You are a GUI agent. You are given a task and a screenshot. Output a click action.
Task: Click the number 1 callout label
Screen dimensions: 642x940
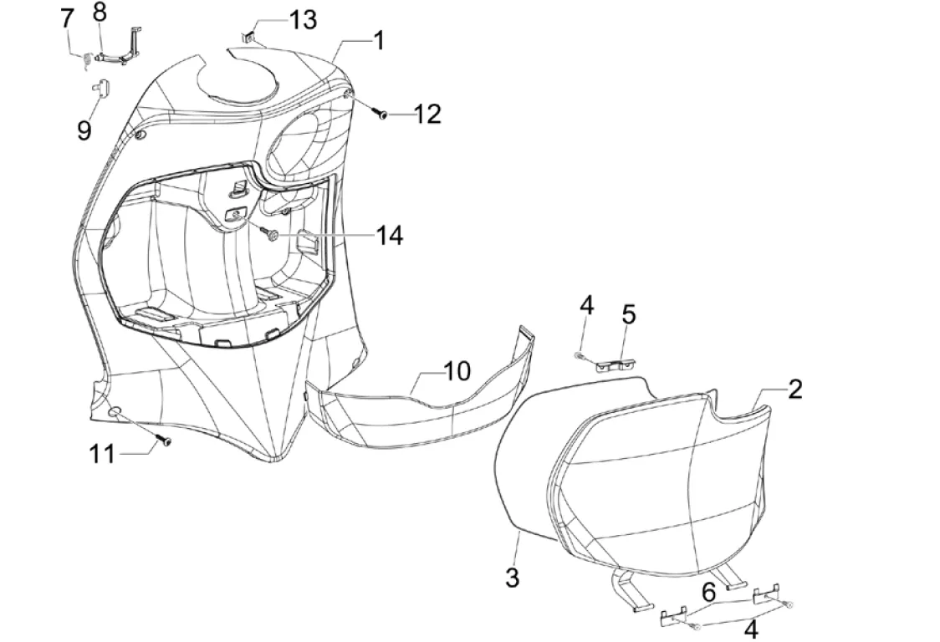click(x=378, y=39)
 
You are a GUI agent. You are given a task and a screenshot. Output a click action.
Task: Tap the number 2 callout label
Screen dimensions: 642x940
click(x=794, y=388)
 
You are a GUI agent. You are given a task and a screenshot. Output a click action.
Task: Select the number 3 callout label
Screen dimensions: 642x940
click(x=512, y=576)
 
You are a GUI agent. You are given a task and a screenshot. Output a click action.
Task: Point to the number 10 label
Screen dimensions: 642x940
click(x=457, y=370)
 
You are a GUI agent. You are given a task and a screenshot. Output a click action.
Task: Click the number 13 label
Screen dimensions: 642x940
click(x=303, y=18)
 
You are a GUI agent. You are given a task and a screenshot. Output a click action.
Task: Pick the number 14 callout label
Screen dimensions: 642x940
click(x=388, y=236)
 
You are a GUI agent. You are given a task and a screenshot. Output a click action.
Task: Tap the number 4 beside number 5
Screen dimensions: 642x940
click(x=587, y=305)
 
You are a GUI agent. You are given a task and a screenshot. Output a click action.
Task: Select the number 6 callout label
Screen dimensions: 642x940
click(x=708, y=593)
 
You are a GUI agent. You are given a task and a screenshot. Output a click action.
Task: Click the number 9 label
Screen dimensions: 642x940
click(x=84, y=130)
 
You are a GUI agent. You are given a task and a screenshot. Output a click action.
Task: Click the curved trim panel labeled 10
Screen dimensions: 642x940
click(x=418, y=410)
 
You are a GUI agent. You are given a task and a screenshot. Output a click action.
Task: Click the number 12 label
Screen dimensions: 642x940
click(x=427, y=114)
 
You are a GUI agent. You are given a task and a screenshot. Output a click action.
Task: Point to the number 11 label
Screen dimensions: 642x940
click(x=103, y=454)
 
